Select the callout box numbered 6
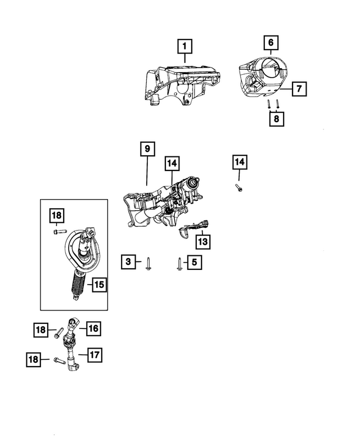(x=271, y=43)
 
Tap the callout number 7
(x=299, y=88)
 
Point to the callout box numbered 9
(x=146, y=150)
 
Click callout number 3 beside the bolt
(x=129, y=262)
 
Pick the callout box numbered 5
(x=194, y=262)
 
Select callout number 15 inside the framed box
(x=98, y=285)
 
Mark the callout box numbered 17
(x=94, y=355)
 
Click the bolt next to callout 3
(x=147, y=264)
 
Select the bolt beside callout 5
(x=178, y=264)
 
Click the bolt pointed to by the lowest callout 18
(x=60, y=360)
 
